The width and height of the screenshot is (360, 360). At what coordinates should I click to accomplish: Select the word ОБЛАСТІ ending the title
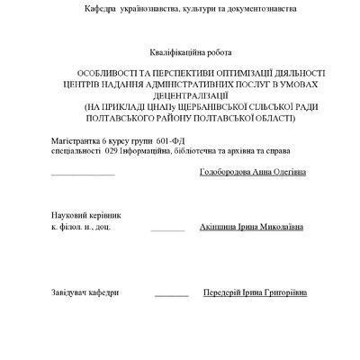(270, 118)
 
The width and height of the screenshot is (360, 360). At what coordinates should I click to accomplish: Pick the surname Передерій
(227, 292)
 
